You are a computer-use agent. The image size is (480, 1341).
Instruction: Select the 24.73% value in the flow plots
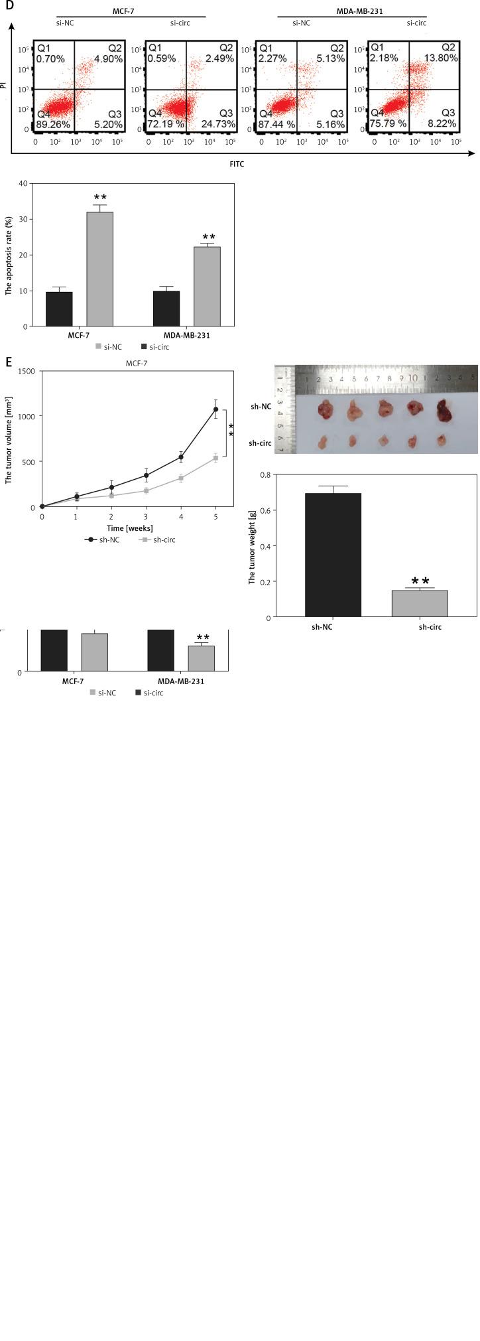click(x=218, y=124)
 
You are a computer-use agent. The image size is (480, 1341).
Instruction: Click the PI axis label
click(x=5, y=85)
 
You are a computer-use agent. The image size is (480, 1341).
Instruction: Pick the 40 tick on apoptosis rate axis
click(x=23, y=183)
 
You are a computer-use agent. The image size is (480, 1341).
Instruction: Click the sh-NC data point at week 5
click(x=215, y=409)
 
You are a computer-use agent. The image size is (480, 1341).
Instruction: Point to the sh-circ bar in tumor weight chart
click(x=419, y=603)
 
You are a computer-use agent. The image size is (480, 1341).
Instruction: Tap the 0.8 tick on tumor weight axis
click(x=266, y=474)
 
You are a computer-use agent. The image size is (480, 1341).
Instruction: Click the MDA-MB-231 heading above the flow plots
click(x=351, y=11)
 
